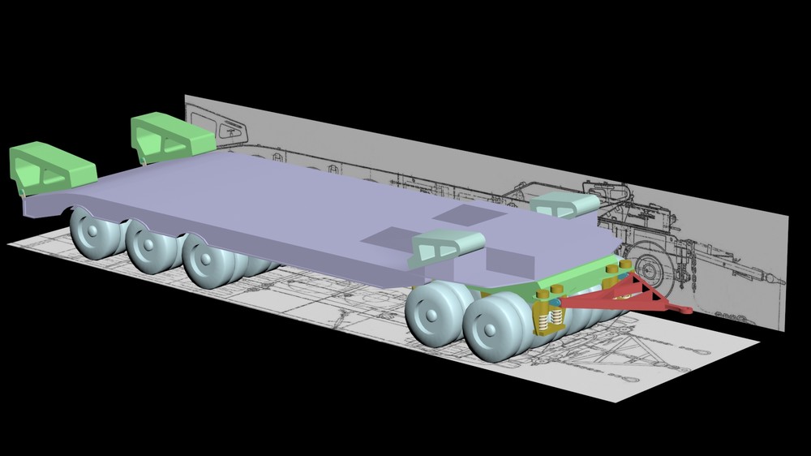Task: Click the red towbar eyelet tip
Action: [684, 310]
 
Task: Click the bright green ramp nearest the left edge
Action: [49, 166]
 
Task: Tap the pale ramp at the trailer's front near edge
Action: [446, 245]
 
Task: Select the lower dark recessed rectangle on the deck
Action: [388, 236]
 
